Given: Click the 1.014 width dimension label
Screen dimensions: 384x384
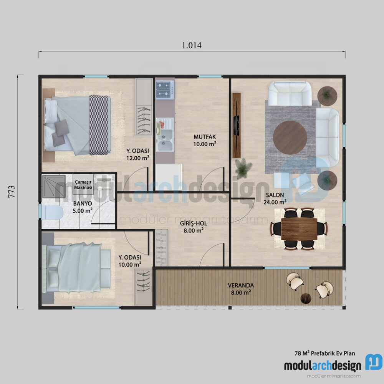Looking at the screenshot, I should point(192,45).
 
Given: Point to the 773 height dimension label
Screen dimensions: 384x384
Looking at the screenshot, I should point(11,191).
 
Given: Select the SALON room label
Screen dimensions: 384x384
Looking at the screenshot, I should point(274,195).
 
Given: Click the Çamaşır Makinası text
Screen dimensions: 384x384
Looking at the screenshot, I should point(83,185).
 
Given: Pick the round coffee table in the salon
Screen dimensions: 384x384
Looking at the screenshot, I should point(290,137).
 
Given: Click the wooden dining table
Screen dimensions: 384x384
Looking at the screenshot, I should point(299,228).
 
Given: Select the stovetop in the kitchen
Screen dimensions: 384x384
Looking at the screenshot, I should point(165,90).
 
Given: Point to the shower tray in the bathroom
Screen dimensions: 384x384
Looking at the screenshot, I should point(53,186).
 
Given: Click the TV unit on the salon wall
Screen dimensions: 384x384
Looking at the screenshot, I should point(237,125).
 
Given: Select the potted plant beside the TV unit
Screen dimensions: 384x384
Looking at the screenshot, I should point(243,169).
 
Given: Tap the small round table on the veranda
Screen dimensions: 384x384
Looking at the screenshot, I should point(306,298).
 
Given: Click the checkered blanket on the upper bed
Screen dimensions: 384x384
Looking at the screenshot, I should point(99,125).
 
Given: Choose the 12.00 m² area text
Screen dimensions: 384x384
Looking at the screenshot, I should point(137,157).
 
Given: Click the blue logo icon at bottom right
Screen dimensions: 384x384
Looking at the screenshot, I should point(373,362).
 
